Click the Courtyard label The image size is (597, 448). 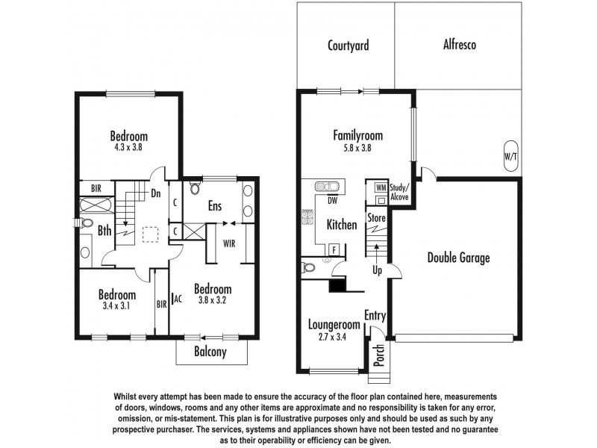pyautogui.click(x=348, y=45)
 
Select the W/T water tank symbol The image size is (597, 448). pyautogui.click(x=510, y=157)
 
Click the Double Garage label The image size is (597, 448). pyautogui.click(x=458, y=258)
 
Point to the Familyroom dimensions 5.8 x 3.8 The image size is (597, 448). pyautogui.click(x=357, y=148)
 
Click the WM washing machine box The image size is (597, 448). pyautogui.click(x=381, y=187)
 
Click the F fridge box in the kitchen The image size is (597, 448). pyautogui.click(x=334, y=249)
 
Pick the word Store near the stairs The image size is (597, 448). pyautogui.click(x=376, y=218)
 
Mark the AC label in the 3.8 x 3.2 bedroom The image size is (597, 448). pyautogui.click(x=178, y=299)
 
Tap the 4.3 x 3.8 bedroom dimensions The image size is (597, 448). pyautogui.click(x=128, y=148)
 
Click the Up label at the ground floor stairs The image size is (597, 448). pyautogui.click(x=377, y=270)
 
